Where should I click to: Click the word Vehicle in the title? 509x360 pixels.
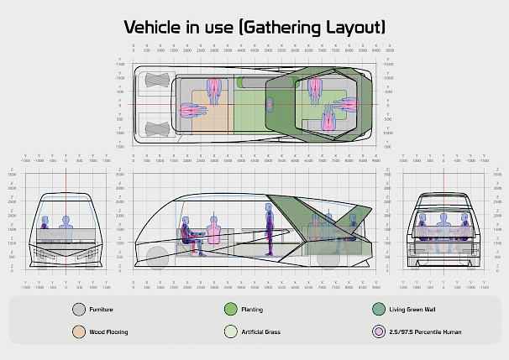click(x=157, y=28)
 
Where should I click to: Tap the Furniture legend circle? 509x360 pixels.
click(x=80, y=310)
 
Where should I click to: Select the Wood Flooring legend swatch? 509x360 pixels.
click(x=80, y=331)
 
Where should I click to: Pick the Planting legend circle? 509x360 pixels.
click(x=232, y=310)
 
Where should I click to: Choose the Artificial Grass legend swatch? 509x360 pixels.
click(x=232, y=331)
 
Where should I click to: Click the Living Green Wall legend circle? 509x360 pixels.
click(x=379, y=310)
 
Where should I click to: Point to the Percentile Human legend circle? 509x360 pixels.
click(x=379, y=331)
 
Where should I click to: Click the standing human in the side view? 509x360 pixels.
click(x=270, y=227)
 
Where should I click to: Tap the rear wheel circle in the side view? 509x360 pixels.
click(x=157, y=256)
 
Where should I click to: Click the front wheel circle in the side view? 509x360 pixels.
click(x=328, y=256)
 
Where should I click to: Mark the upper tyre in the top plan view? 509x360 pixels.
click(x=157, y=81)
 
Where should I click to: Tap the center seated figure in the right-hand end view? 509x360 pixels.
click(x=443, y=225)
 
